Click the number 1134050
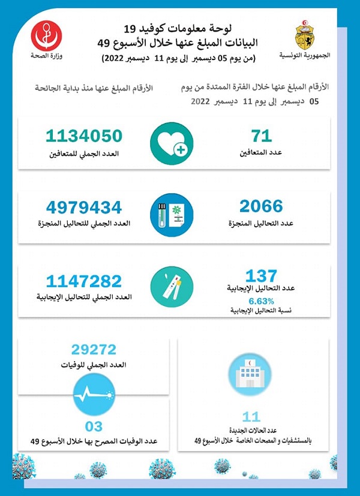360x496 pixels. coord(84,136)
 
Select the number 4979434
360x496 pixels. coord(84,208)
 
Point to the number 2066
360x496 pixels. coord(261,207)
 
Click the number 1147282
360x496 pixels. coord(84,281)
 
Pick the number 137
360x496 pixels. coord(262,276)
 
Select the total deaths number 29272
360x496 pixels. coord(94,350)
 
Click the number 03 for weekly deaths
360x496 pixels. coord(94,426)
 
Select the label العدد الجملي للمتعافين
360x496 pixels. coord(84,154)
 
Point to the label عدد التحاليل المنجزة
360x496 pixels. coord(262,224)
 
